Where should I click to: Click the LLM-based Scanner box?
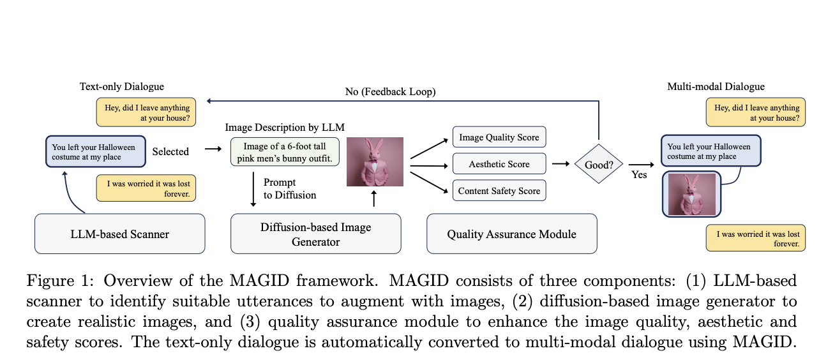(119, 234)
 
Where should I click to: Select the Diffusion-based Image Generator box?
(315, 234)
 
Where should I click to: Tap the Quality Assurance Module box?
(511, 234)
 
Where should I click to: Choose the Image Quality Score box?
(499, 137)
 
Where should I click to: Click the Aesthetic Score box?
(499, 164)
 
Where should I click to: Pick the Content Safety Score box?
(499, 191)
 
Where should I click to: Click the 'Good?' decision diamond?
(599, 164)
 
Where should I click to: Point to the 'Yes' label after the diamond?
(639, 175)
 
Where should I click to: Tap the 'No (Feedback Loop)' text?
(391, 92)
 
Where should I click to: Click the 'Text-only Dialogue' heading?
(122, 87)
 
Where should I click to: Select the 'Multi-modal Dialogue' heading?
(715, 87)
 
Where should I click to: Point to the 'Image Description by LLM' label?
(285, 127)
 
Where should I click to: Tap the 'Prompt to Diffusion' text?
(289, 188)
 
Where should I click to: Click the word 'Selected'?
(170, 151)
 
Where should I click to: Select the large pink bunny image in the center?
(375, 161)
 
